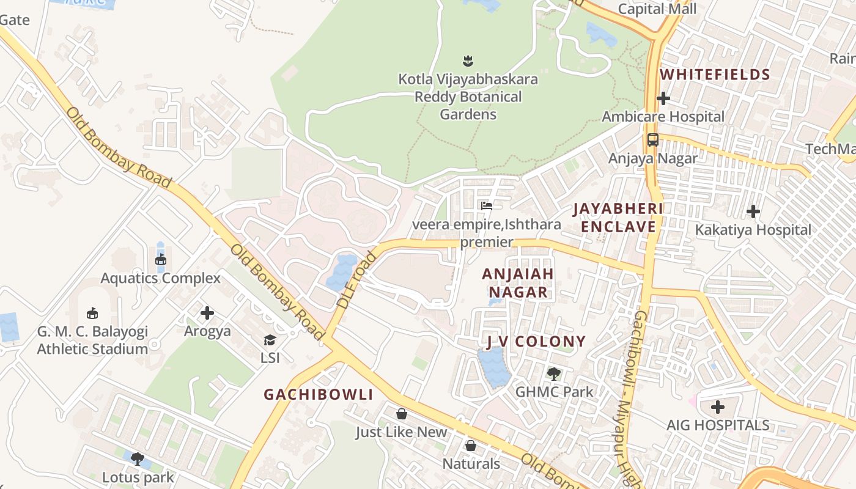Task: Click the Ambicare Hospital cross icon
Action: [x=663, y=98]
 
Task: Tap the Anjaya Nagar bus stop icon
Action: [x=653, y=140]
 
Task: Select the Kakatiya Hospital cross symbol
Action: [x=753, y=212]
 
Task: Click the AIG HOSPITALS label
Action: [x=718, y=425]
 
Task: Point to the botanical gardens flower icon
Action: [x=468, y=61]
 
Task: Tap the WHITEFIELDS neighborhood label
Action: [x=715, y=75]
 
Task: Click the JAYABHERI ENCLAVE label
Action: [x=618, y=218]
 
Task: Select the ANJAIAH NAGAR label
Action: [x=518, y=282]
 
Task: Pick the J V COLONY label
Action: [x=536, y=341]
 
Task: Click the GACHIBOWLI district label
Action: [x=318, y=394]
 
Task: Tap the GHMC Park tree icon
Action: [x=554, y=373]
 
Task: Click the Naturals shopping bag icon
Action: [x=471, y=446]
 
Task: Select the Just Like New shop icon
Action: [x=402, y=414]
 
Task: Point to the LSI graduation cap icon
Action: [x=270, y=340]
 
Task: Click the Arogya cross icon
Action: [x=207, y=313]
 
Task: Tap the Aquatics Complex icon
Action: [x=161, y=260]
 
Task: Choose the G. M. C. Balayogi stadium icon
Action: [x=92, y=314]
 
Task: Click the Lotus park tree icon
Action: [x=138, y=458]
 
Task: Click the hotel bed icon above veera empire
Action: [x=487, y=206]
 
